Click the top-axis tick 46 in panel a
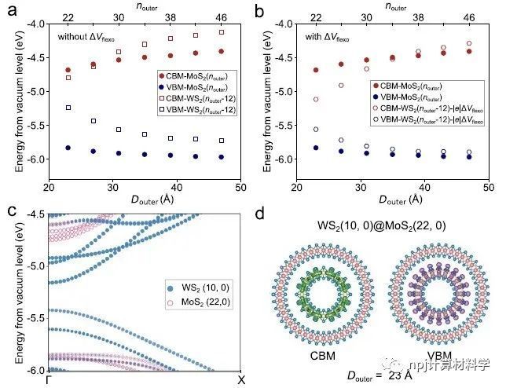point(221,16)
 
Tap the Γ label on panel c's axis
point(49,379)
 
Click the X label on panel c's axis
point(240,379)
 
